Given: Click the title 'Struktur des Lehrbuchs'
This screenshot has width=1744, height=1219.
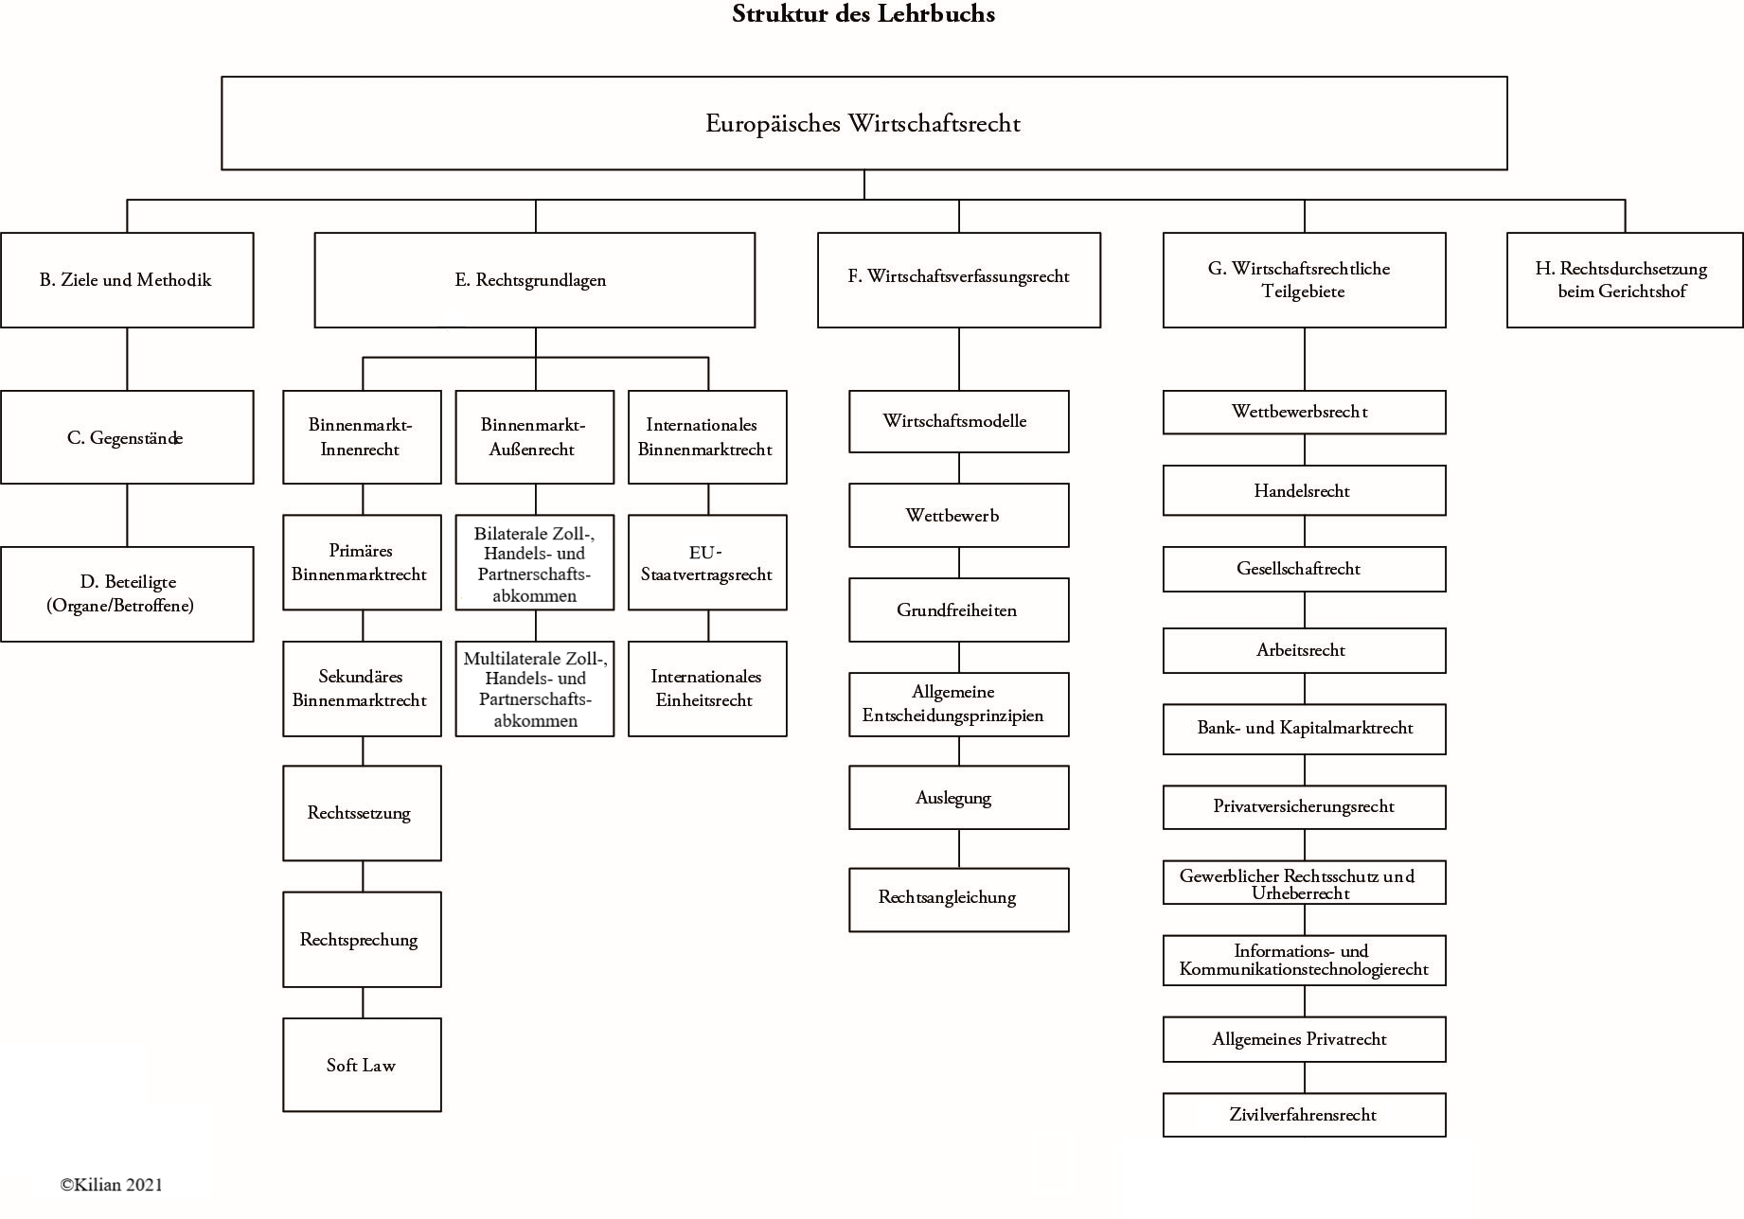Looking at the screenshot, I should (x=863, y=14).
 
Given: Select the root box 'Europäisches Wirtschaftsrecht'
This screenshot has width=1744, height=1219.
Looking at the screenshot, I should (x=863, y=123).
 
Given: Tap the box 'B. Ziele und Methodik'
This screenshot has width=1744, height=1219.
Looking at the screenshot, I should (x=127, y=280).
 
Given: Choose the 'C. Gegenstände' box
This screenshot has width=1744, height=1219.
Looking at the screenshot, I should (x=127, y=437).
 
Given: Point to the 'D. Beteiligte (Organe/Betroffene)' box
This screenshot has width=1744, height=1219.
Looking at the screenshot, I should (x=127, y=593).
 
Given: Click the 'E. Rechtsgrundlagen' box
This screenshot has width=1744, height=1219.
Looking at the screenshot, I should (x=534, y=280).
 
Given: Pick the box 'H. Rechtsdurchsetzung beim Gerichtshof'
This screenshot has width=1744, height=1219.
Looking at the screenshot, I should (x=1624, y=280).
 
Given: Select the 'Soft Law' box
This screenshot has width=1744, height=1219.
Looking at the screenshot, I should (x=362, y=1065).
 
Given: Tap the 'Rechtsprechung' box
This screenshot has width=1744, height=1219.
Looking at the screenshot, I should (x=362, y=939).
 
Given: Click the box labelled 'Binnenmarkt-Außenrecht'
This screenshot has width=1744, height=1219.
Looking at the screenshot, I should (x=534, y=437).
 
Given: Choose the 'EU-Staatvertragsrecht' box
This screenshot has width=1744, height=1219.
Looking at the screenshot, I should (x=707, y=562).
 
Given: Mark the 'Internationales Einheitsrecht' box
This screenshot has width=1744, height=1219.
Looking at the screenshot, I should (x=707, y=688).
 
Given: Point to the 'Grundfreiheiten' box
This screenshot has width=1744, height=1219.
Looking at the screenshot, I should (x=958, y=610).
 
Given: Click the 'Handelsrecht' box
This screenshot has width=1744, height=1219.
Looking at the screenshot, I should (x=1304, y=490).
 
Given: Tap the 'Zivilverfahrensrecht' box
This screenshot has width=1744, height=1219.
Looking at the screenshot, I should (x=1304, y=1115).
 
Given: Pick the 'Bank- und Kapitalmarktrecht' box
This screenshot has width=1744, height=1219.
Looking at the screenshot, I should (x=1304, y=729).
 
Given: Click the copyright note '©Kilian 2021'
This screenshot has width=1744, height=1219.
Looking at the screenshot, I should (x=112, y=1184).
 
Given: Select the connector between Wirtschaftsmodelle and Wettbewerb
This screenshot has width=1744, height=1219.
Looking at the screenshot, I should (x=959, y=468).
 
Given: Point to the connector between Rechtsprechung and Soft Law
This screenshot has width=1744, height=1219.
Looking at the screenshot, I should (x=363, y=1002).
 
